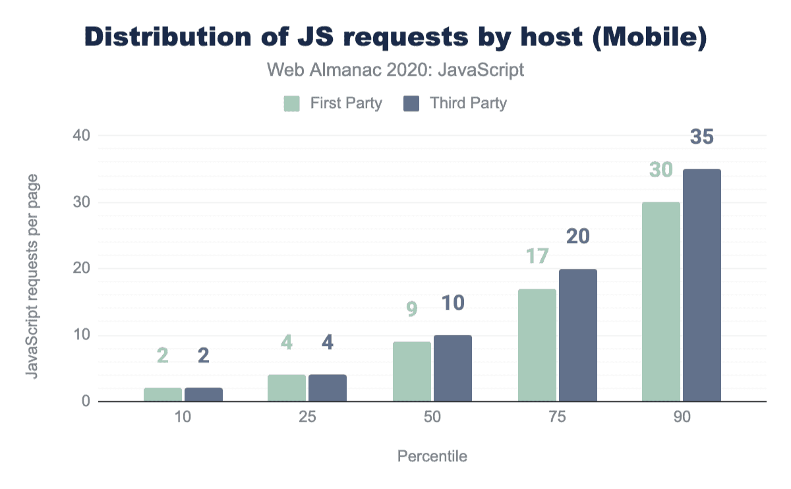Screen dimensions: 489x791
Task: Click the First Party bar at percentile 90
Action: pos(661,301)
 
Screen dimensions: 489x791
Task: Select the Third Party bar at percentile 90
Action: pos(702,285)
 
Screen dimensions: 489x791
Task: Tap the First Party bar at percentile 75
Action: pos(537,345)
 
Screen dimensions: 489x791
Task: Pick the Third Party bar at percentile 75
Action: pos(578,335)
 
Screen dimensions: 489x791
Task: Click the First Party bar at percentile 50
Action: pos(412,371)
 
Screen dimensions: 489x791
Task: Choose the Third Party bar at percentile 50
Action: pos(453,368)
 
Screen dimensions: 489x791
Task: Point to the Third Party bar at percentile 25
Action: pos(328,388)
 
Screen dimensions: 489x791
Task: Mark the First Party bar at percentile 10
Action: pos(163,394)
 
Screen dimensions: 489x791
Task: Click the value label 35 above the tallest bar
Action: pos(702,137)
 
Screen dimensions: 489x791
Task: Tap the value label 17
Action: pos(537,256)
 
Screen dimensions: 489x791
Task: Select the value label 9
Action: pos(412,309)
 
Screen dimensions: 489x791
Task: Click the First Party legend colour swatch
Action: pos(291,103)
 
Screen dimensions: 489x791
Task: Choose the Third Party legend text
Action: pos(468,103)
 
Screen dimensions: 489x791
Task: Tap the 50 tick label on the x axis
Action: pos(432,418)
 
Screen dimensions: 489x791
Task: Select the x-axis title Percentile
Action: pos(432,456)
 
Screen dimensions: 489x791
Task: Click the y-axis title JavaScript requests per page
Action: pos(31,275)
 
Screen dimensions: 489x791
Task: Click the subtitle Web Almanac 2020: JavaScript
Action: pos(395,70)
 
